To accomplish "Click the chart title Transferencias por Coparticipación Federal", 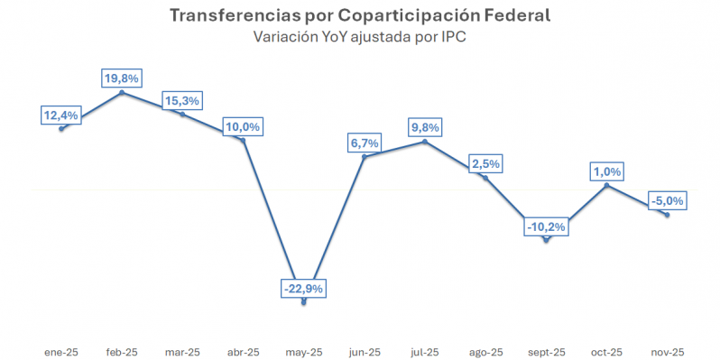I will point(359,16).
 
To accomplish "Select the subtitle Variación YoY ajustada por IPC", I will point(359,37).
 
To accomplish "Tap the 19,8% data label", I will point(122,78).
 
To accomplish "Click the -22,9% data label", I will point(302,289).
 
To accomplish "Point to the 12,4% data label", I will point(61,115).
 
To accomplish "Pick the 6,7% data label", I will point(364,143).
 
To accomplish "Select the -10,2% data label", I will point(546,226).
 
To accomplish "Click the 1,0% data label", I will point(606,171).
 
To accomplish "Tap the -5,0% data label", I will point(667,200).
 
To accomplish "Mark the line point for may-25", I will point(303,302).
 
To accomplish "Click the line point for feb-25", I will point(122,92).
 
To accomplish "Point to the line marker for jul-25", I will point(425,142).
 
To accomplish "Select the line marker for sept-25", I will point(546,240).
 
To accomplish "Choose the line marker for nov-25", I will point(667,214).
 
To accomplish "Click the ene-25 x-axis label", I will point(61,352).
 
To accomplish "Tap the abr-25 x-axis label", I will point(243,352).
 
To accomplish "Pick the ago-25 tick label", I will point(485,352).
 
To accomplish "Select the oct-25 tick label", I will point(606,352).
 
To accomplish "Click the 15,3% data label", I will point(181,100).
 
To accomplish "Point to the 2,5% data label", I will point(485,164).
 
